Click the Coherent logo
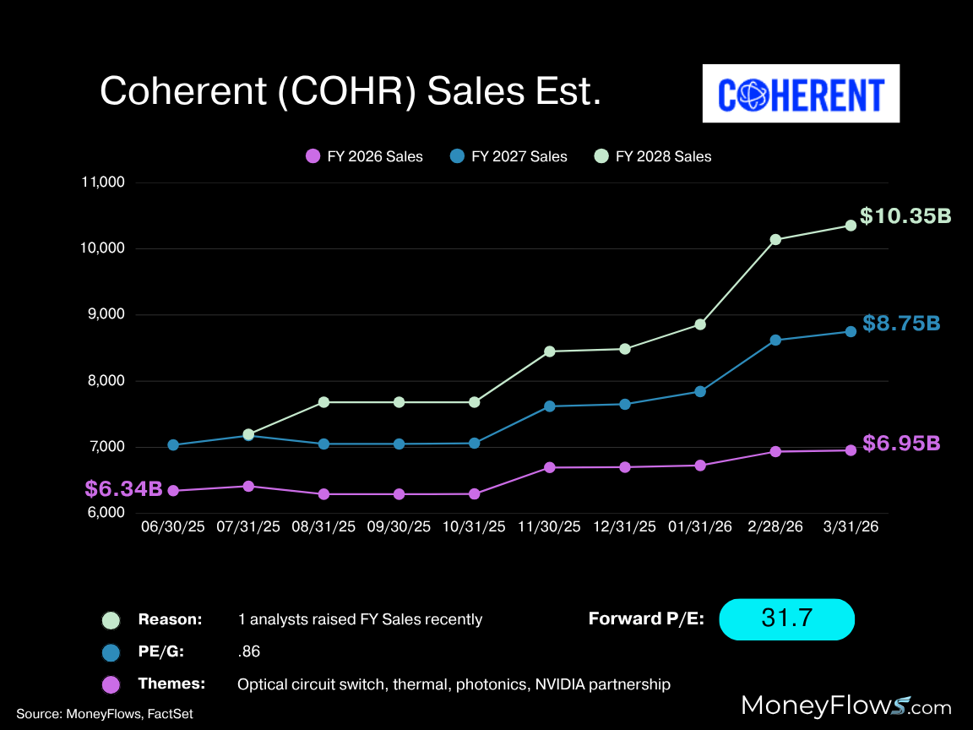(x=801, y=94)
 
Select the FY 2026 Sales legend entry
(x=364, y=156)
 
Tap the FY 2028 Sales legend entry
(x=653, y=156)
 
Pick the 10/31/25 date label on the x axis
(x=474, y=526)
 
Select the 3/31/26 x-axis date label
(x=851, y=526)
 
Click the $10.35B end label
(x=905, y=216)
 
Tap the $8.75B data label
(x=901, y=324)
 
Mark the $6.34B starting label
(x=123, y=488)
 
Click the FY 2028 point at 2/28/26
(x=775, y=239)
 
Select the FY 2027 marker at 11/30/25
(x=550, y=406)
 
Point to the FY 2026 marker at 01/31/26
(x=700, y=466)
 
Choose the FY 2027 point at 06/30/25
(x=173, y=444)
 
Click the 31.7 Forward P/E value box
(x=786, y=618)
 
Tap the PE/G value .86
(x=250, y=652)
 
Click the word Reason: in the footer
(x=170, y=619)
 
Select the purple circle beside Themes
(x=111, y=684)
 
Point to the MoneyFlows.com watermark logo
(x=845, y=705)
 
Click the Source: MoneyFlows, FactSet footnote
(x=105, y=714)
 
